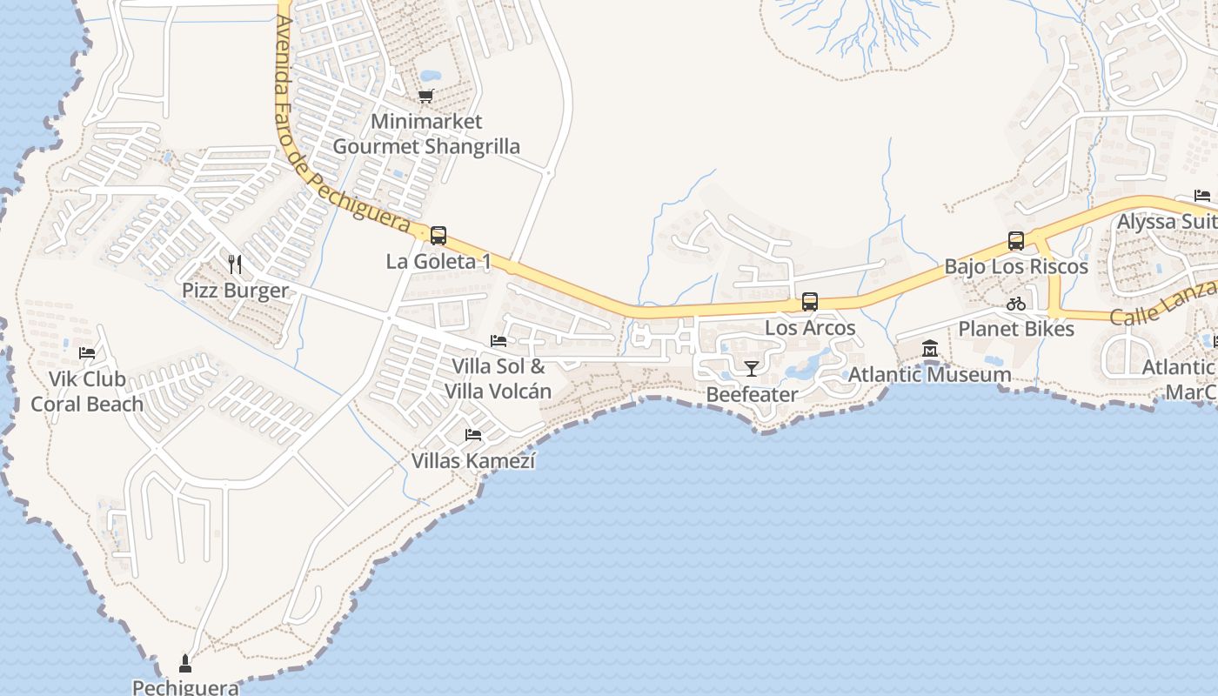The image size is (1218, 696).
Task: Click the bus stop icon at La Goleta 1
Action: click(438, 235)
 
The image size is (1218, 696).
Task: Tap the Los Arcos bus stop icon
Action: click(810, 302)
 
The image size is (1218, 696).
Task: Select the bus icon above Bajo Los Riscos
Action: click(1016, 241)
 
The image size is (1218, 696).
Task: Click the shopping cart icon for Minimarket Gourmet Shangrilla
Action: click(425, 96)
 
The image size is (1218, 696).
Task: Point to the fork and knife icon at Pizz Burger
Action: click(235, 264)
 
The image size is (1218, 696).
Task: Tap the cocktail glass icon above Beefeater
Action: click(752, 368)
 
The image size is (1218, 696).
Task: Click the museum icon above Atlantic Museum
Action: click(930, 349)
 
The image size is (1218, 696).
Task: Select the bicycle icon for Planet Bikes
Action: click(1016, 304)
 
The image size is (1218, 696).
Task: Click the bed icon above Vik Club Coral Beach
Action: click(87, 352)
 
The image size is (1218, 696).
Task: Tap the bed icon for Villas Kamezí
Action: click(473, 434)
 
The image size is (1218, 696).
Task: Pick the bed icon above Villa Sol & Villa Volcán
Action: click(499, 340)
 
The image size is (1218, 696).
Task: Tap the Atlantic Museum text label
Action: click(930, 375)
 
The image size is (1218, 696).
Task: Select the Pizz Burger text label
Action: click(235, 290)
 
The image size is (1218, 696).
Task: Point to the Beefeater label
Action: click(752, 394)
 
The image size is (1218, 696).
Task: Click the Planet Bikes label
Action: click(1016, 329)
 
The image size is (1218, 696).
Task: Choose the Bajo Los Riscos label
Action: click(1016, 266)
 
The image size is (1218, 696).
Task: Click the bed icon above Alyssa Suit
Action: click(1202, 196)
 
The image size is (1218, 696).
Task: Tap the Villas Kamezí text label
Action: click(473, 460)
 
